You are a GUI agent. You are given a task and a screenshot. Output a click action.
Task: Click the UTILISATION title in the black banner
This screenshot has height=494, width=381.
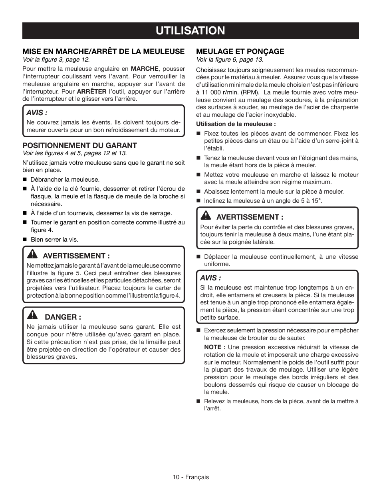(x=190, y=30)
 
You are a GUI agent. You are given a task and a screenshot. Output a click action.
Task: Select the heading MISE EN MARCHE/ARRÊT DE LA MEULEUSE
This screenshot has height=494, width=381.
(x=103, y=51)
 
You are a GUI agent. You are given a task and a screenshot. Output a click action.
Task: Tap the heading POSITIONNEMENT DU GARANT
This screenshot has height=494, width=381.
(x=79, y=145)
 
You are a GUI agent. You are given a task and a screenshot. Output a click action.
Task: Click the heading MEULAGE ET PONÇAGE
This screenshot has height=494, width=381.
(x=240, y=51)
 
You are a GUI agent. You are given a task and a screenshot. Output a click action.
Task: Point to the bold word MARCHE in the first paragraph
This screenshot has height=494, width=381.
(x=145, y=69)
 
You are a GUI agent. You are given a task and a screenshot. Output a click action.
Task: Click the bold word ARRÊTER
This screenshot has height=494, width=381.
(x=92, y=91)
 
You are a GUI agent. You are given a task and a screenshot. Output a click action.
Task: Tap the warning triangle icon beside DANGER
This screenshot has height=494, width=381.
(x=32, y=316)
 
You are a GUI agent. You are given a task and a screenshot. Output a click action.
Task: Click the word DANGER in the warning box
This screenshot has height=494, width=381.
(x=63, y=317)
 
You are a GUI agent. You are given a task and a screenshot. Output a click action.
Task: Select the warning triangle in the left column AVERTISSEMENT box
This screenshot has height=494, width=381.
(x=32, y=255)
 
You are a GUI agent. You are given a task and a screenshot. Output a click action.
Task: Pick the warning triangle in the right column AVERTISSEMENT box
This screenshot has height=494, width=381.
(x=206, y=216)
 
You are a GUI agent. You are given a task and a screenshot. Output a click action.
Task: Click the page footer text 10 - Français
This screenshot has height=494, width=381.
(x=190, y=477)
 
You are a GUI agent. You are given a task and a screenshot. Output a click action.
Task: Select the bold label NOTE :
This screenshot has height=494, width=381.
(x=215, y=347)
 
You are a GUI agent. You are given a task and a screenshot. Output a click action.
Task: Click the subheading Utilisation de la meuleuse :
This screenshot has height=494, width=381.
(x=236, y=124)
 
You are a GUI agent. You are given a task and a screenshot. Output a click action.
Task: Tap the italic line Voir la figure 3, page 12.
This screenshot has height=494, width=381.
(x=56, y=60)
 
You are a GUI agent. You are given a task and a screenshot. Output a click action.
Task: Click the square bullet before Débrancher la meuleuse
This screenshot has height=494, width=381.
(x=24, y=180)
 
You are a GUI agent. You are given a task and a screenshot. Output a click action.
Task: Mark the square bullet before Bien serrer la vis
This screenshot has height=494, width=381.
(x=24, y=240)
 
